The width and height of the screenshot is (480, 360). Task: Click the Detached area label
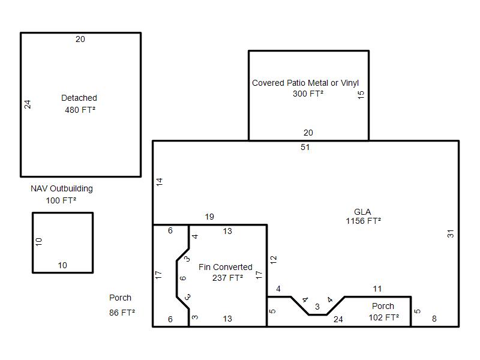(79, 98)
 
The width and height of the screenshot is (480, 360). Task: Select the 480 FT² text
(80, 110)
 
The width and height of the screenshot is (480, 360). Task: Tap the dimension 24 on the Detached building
(28, 104)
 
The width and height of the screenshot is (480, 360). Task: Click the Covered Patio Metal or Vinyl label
(305, 83)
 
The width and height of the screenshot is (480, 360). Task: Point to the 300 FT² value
(308, 94)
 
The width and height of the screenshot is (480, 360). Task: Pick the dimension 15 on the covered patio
(361, 95)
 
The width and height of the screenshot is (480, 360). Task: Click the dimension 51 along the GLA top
(305, 147)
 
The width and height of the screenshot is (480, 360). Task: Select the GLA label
(362, 212)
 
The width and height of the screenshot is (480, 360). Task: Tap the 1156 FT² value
(364, 221)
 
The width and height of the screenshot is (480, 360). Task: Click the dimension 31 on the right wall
(451, 233)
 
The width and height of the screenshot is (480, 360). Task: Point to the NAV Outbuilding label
(62, 188)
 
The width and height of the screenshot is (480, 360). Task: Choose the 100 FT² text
(61, 200)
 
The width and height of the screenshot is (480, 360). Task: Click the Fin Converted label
(226, 267)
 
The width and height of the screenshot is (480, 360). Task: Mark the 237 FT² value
(228, 278)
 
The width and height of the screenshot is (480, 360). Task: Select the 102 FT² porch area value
(384, 317)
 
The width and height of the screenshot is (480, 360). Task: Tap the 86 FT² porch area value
(122, 313)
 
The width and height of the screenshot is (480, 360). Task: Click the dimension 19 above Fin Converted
(209, 217)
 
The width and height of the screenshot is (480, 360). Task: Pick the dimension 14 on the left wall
(160, 182)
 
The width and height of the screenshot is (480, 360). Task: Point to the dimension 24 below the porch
(338, 319)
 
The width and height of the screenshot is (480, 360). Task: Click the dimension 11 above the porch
(377, 289)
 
